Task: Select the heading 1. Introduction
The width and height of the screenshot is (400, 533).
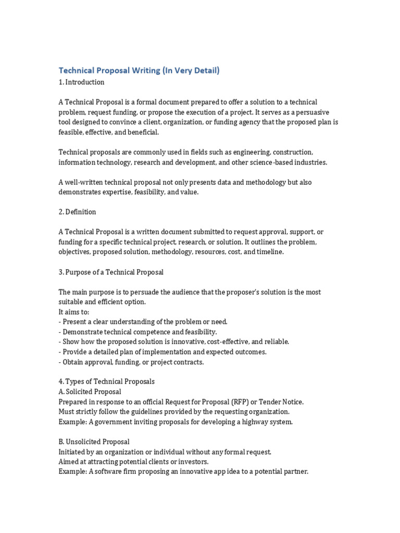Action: pyautogui.click(x=81, y=82)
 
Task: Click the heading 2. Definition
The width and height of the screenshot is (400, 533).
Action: pyautogui.click(x=77, y=212)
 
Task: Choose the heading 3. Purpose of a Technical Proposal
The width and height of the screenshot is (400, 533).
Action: pyautogui.click(x=111, y=272)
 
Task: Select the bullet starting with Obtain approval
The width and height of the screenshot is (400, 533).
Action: pyautogui.click(x=131, y=362)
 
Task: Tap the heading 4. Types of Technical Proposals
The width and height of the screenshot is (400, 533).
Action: pyautogui.click(x=107, y=382)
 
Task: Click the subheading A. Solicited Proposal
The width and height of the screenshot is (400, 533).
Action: pyautogui.click(x=90, y=391)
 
